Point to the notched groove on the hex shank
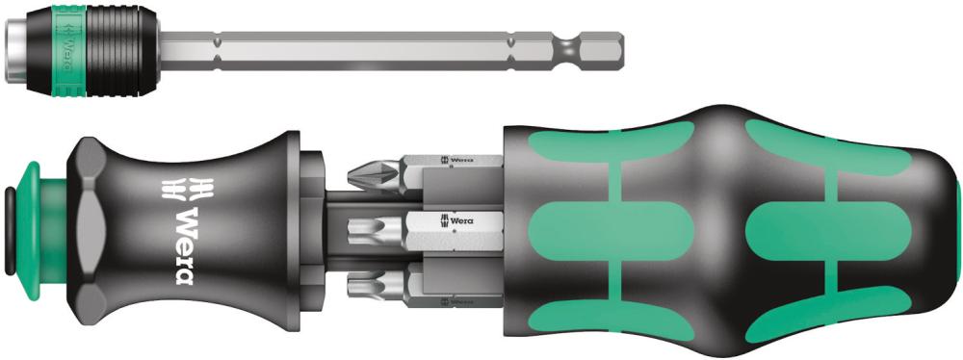pos(569,48)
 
